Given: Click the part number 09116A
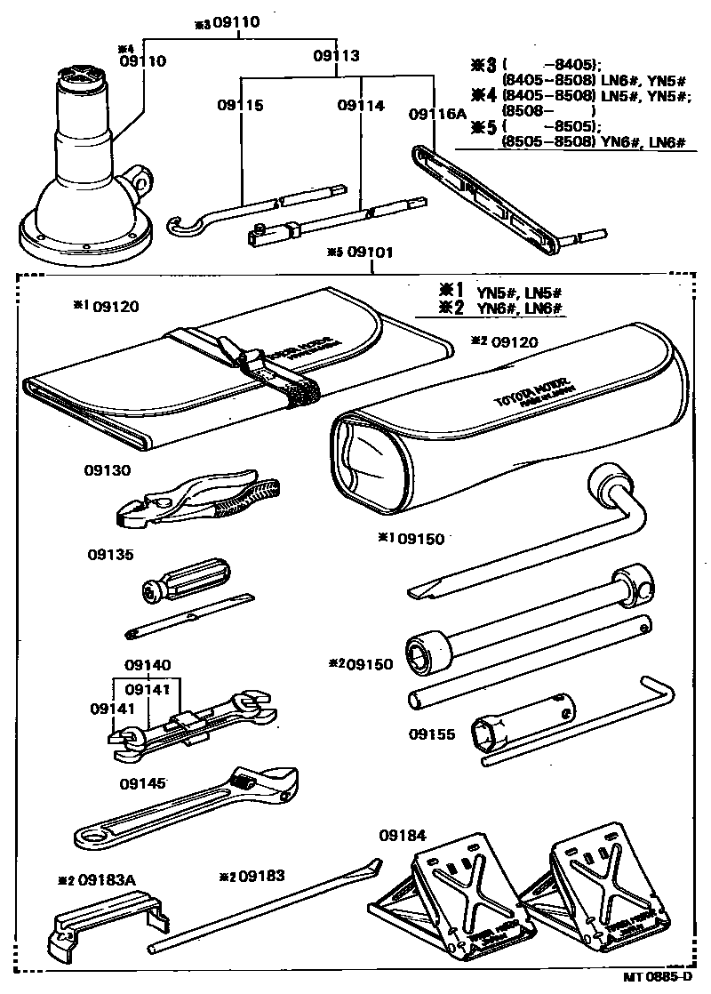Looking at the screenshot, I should pyautogui.click(x=436, y=114).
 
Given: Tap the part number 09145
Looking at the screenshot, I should pyautogui.click(x=142, y=783).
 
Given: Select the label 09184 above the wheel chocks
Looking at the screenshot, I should pyautogui.click(x=402, y=836).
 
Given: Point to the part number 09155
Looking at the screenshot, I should pyautogui.click(x=433, y=735).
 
